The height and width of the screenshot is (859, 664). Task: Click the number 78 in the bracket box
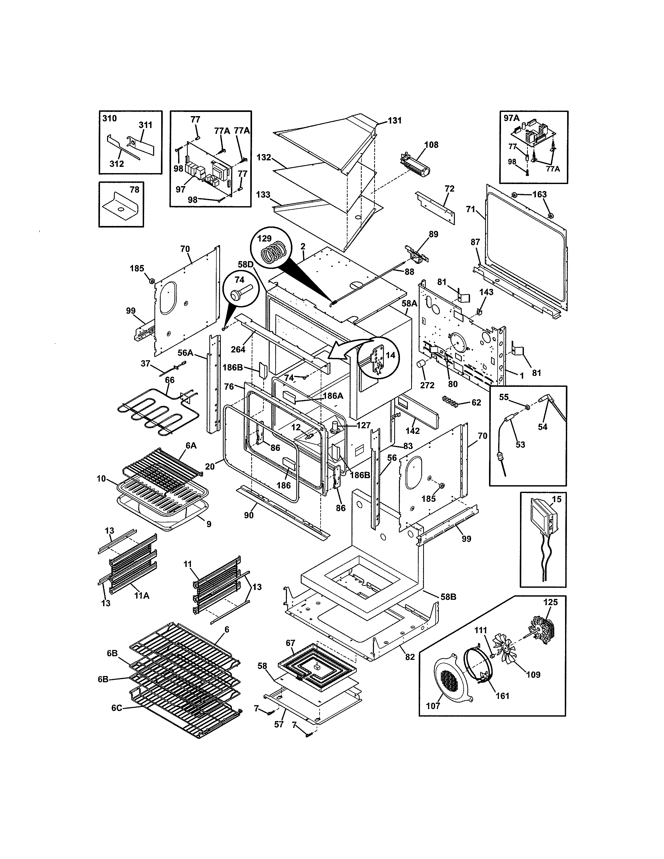(134, 190)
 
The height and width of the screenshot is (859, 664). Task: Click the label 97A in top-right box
(512, 118)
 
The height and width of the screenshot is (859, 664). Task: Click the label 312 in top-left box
(116, 164)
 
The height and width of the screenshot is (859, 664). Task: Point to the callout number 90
(249, 515)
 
